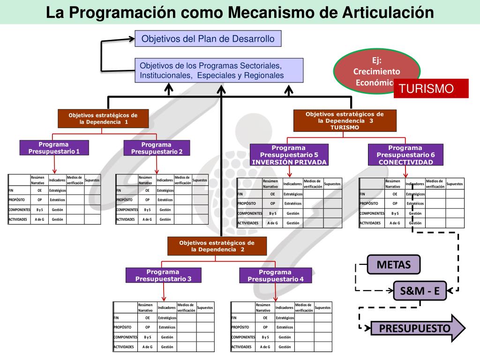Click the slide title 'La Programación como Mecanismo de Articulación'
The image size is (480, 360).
[240, 12]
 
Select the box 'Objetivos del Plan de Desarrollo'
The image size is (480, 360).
[208, 39]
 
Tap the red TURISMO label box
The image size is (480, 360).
[431, 89]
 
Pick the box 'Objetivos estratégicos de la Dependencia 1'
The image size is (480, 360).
[103, 118]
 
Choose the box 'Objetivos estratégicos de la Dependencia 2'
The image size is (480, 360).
[217, 246]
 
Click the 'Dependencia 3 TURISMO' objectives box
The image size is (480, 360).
[345, 120]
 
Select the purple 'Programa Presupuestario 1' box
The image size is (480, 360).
[54, 148]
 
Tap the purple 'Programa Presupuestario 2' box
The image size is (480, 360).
[157, 148]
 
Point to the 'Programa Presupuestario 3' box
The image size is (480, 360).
[163, 275]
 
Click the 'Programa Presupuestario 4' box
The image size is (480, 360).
[276, 275]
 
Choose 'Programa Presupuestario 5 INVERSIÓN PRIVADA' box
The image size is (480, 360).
[289, 155]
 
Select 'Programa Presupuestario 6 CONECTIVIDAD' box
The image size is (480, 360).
[405, 155]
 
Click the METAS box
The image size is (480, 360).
[394, 265]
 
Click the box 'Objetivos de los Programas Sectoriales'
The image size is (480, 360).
[218, 70]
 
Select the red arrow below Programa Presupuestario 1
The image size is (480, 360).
[54, 164]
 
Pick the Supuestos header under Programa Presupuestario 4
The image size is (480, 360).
[322, 307]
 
